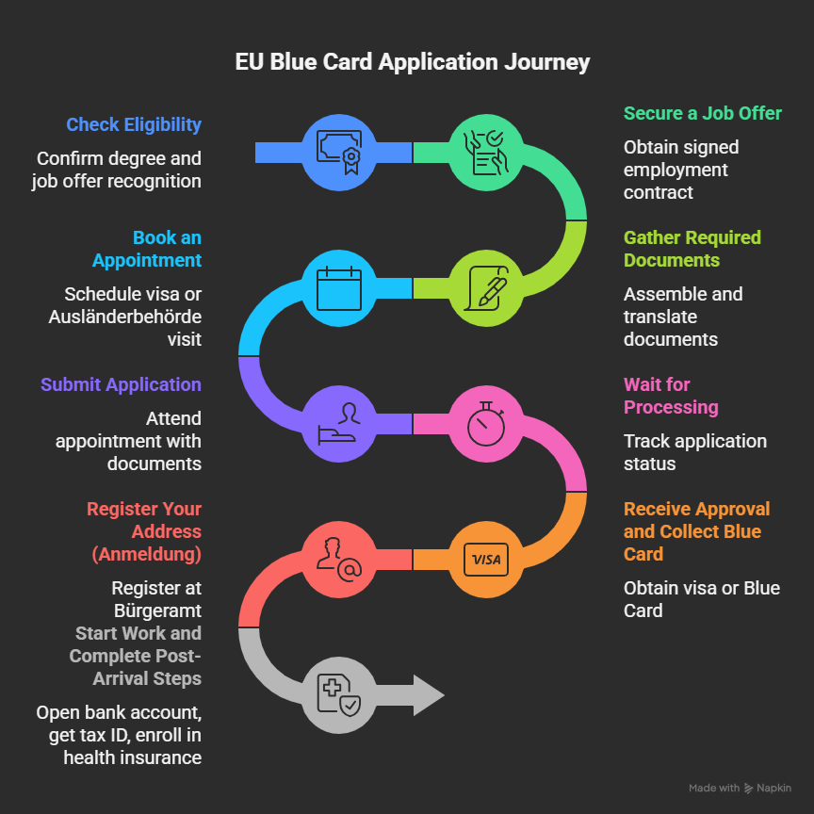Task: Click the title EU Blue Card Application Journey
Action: tap(412, 62)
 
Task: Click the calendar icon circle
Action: tap(339, 288)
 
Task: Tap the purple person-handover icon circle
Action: tap(339, 424)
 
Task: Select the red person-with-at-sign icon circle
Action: tap(339, 560)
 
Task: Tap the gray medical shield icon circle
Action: tap(339, 695)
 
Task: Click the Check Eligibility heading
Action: tap(134, 124)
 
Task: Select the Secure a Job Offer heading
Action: tap(702, 113)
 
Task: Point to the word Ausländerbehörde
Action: tap(125, 317)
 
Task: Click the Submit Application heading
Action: tap(121, 384)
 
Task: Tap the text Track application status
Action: tap(694, 452)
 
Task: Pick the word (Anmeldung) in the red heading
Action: tap(147, 554)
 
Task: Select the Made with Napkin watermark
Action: tap(740, 788)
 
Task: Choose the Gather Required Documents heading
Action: tap(692, 249)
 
